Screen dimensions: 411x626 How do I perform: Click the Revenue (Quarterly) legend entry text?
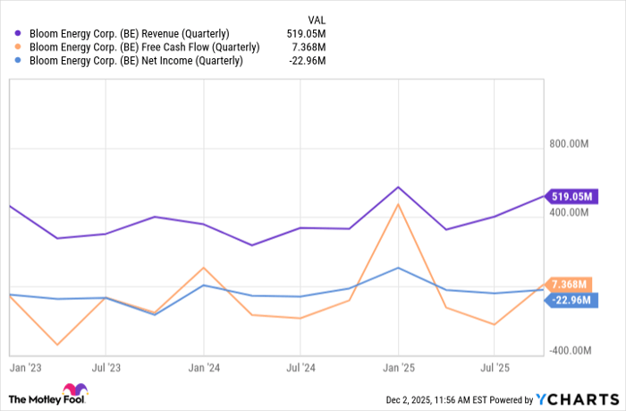tap(133, 34)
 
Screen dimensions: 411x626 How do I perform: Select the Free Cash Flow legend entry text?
tap(144, 47)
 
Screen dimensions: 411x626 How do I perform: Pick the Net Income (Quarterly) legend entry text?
tap(135, 61)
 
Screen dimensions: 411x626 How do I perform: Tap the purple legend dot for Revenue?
tap(18, 34)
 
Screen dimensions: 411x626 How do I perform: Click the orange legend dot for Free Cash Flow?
tap(18, 47)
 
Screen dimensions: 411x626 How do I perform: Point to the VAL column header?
tap(317, 18)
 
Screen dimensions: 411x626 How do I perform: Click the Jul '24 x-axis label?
tap(300, 367)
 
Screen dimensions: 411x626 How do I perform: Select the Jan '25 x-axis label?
tap(398, 367)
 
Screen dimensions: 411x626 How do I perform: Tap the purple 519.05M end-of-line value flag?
tap(572, 195)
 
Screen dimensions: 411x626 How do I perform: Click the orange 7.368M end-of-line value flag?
tap(570, 284)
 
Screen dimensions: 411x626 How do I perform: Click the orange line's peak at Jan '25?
tap(398, 204)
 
